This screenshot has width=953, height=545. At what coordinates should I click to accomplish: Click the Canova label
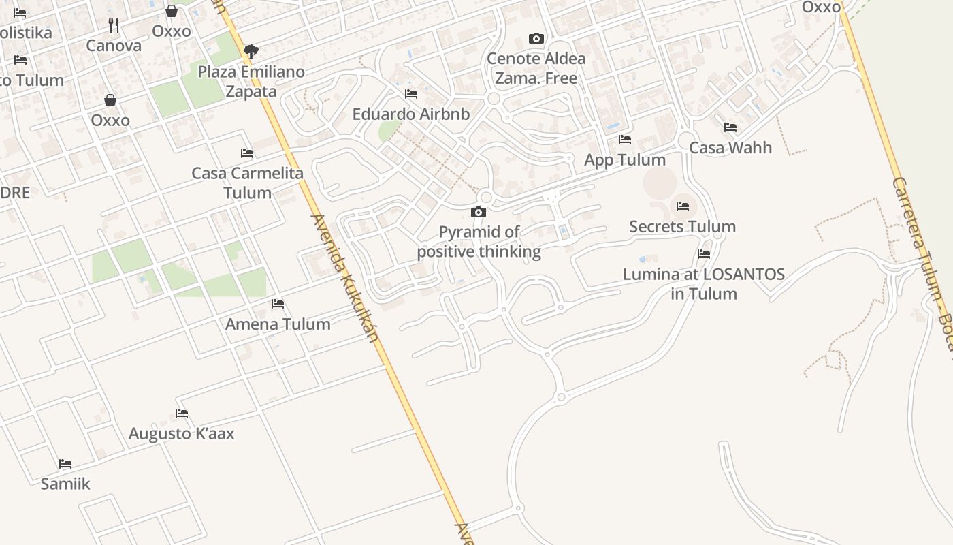[114, 46]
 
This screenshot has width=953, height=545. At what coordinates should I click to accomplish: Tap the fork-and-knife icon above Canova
[114, 25]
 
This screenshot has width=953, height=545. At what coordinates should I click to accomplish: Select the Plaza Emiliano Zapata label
[251, 81]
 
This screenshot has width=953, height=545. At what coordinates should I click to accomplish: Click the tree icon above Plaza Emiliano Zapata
[251, 51]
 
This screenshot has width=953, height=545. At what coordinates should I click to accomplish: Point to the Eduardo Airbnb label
[410, 114]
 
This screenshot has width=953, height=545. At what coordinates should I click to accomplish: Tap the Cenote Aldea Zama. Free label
[536, 68]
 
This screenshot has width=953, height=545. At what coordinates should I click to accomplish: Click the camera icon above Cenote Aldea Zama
[536, 39]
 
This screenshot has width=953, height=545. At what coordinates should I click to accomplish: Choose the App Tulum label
[625, 159]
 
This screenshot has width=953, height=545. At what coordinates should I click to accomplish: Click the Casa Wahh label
[730, 147]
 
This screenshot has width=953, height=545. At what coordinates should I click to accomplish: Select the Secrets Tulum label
[682, 226]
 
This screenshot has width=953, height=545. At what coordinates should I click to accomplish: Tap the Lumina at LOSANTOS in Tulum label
[704, 283]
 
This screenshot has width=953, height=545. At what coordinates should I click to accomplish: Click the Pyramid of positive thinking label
[479, 242]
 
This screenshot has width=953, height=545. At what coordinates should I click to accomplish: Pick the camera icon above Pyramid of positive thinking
[479, 213]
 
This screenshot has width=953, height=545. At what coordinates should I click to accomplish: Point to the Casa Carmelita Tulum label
[247, 183]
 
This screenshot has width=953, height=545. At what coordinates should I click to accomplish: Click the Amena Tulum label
[278, 324]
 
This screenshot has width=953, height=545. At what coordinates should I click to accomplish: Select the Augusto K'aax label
[181, 433]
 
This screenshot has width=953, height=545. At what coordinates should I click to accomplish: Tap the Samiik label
[65, 484]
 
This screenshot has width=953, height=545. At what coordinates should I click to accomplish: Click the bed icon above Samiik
[65, 464]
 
